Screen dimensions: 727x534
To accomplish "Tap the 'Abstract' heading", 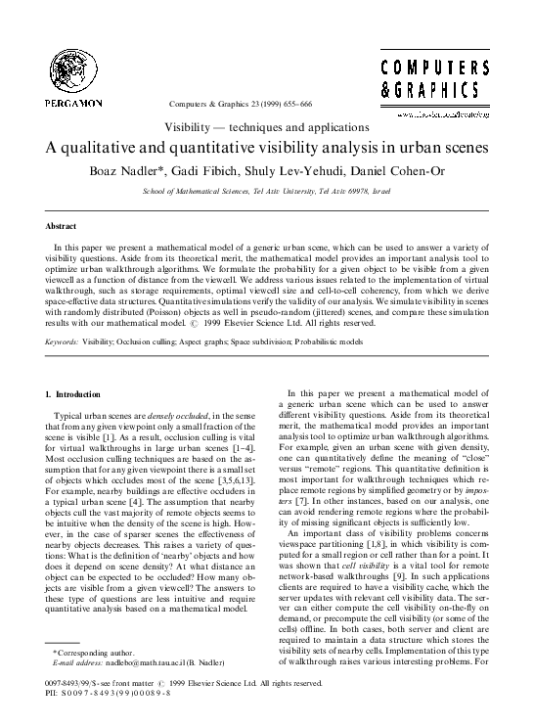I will tap(62, 225).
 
